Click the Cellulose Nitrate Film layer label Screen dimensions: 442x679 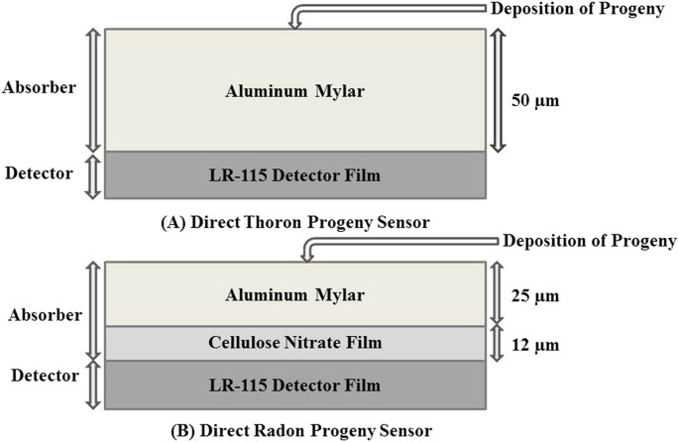294,343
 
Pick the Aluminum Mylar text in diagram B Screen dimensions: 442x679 294,294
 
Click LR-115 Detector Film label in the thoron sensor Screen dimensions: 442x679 294,175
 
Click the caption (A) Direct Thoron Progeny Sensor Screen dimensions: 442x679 294,222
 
